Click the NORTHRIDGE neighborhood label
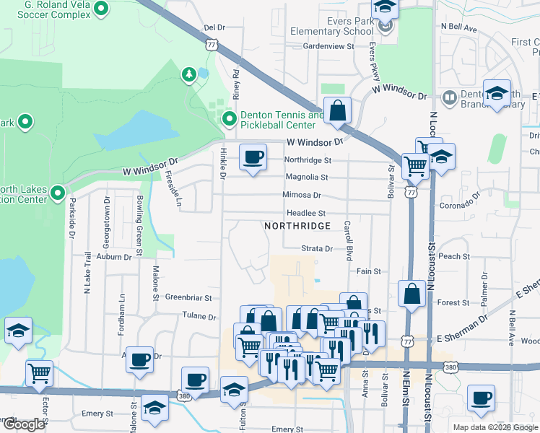pyautogui.click(x=297, y=226)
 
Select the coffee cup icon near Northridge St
pyautogui.click(x=252, y=158)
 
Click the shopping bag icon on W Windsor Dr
pyautogui.click(x=337, y=112)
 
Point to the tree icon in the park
pyautogui.click(x=188, y=74)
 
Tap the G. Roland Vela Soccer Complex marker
pyautogui.click(x=100, y=10)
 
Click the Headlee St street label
pyautogui.click(x=307, y=213)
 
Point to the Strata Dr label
pyautogui.click(x=317, y=249)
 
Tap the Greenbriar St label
pyautogui.click(x=188, y=297)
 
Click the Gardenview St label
pyautogui.click(x=328, y=46)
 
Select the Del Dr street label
pyautogui.click(x=214, y=27)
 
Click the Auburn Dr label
pyautogui.click(x=116, y=256)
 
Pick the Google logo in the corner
pyautogui.click(x=24, y=424)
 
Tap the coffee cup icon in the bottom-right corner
pyautogui.click(x=481, y=398)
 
